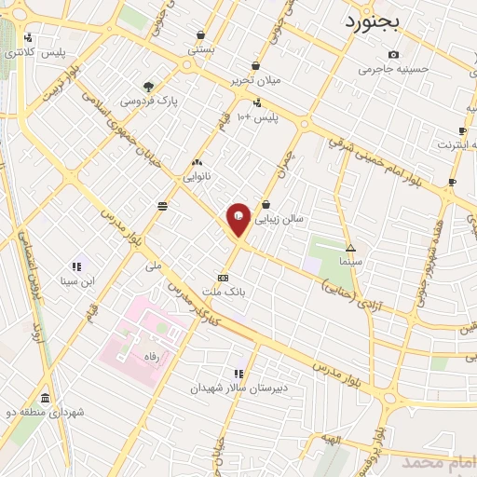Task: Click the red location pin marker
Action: (x=238, y=219)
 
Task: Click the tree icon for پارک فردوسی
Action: (x=149, y=87)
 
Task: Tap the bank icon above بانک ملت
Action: (x=223, y=278)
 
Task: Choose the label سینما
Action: (x=351, y=263)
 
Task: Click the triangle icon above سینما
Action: (x=351, y=249)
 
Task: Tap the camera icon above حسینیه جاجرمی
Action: (x=392, y=54)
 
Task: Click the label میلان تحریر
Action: (x=256, y=80)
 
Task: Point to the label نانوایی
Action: (x=197, y=175)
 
